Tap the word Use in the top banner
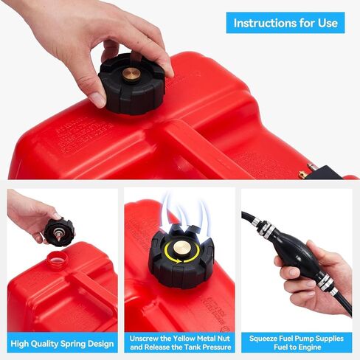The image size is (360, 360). click(328, 23)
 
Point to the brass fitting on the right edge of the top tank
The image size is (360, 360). click(302, 174)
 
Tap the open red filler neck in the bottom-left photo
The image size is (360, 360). click(57, 260)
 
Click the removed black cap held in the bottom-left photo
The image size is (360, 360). click(59, 231)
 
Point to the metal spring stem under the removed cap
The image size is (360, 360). click(53, 240)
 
